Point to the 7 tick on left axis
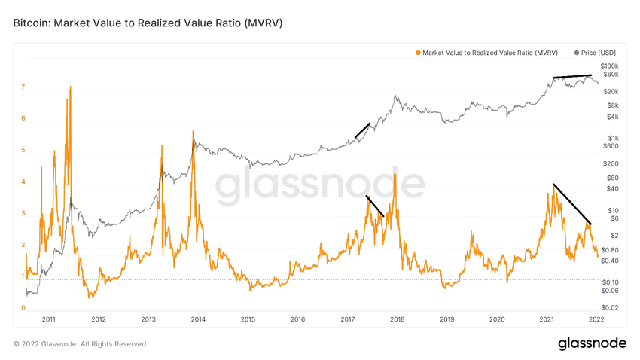click(x=23, y=87)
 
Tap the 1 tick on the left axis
click(x=23, y=276)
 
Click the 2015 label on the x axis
click(x=248, y=319)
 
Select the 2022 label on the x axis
click(x=596, y=319)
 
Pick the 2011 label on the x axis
click(x=49, y=319)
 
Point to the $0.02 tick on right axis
click(x=610, y=308)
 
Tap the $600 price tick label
click(x=610, y=146)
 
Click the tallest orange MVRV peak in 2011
click(x=71, y=87)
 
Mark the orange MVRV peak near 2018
click(x=395, y=175)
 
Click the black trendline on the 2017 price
click(x=362, y=130)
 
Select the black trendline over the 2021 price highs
click(x=572, y=76)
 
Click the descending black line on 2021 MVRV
click(x=572, y=204)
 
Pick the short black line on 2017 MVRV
click(x=375, y=206)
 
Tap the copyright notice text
click(x=81, y=344)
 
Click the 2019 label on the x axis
click(x=447, y=319)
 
